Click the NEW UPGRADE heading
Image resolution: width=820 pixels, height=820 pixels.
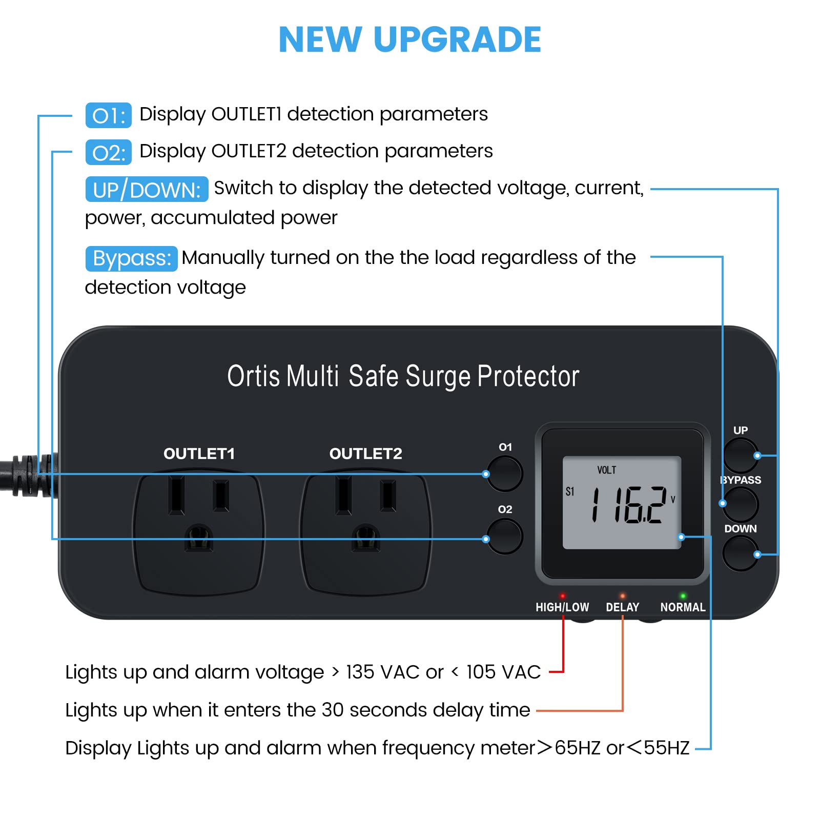point(409,39)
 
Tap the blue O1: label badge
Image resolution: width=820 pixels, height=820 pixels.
point(109,115)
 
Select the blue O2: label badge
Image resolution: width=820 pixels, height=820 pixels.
point(109,153)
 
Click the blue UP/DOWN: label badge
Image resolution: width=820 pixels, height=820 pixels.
point(147,190)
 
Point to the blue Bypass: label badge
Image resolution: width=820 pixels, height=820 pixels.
point(131,258)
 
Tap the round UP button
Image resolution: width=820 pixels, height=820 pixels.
point(740,455)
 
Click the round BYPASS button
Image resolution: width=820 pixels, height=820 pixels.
point(740,504)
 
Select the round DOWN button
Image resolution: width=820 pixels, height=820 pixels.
point(740,553)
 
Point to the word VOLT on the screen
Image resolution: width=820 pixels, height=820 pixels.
point(606,470)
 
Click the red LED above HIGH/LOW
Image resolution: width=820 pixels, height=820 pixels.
point(562,596)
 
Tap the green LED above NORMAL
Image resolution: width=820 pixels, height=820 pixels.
point(683,596)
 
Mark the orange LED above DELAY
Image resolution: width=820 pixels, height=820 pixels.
point(622,596)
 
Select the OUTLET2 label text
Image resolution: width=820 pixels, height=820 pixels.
point(365,454)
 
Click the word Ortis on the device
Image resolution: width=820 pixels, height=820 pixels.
point(253,376)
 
